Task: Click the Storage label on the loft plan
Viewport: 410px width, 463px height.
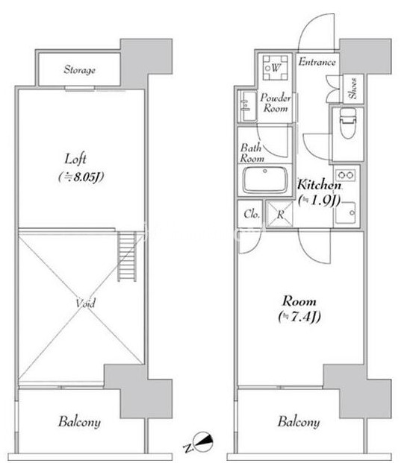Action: click(80, 69)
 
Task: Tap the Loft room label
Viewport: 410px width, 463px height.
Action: click(75, 159)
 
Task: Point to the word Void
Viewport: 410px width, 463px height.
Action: click(85, 303)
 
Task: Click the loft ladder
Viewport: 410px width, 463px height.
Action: click(127, 256)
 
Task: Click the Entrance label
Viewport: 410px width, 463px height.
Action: click(317, 62)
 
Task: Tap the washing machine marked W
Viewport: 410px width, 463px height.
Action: click(275, 68)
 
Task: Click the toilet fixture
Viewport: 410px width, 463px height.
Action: click(348, 123)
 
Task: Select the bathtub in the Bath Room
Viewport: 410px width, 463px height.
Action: click(265, 180)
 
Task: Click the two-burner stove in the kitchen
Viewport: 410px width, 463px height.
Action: click(346, 175)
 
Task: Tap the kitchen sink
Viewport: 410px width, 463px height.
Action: click(345, 212)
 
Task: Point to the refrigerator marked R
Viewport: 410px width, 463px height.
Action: click(279, 214)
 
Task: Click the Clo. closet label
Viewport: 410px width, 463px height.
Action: click(252, 214)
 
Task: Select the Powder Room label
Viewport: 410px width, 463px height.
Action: click(276, 103)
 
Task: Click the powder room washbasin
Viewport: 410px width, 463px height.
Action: click(248, 106)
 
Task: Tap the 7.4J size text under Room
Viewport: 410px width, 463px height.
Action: click(299, 317)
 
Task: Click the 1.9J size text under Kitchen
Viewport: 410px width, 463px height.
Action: click(320, 201)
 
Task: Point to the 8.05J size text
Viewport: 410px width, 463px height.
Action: click(81, 177)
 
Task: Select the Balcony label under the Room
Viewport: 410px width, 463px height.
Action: click(299, 422)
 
